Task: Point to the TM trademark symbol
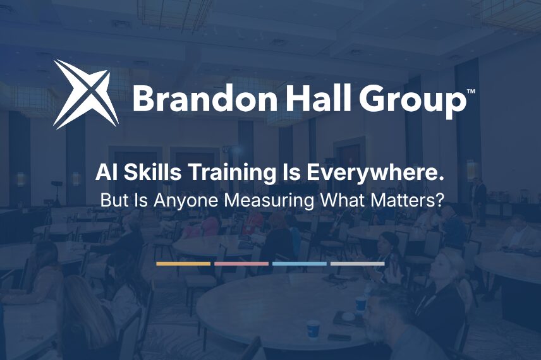pyautogui.click(x=471, y=92)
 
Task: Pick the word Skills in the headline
pyautogui.click(x=152, y=172)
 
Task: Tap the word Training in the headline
pyautogui.click(x=232, y=174)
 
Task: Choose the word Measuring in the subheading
pyautogui.click(x=269, y=201)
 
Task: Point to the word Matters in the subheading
pyautogui.click(x=404, y=200)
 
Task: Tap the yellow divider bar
pyautogui.click(x=183, y=264)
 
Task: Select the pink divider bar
pyautogui.click(x=241, y=264)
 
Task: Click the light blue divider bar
pyautogui.click(x=300, y=264)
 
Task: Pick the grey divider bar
pyautogui.click(x=358, y=264)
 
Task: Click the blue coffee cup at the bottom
pyautogui.click(x=313, y=330)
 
